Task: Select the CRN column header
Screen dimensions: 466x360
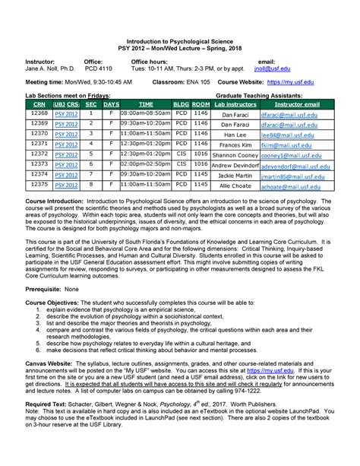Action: tap(39, 103)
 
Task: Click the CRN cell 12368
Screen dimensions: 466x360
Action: tap(39, 113)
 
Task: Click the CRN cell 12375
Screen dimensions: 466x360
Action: tap(39, 185)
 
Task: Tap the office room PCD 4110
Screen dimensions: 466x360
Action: tap(98, 67)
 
